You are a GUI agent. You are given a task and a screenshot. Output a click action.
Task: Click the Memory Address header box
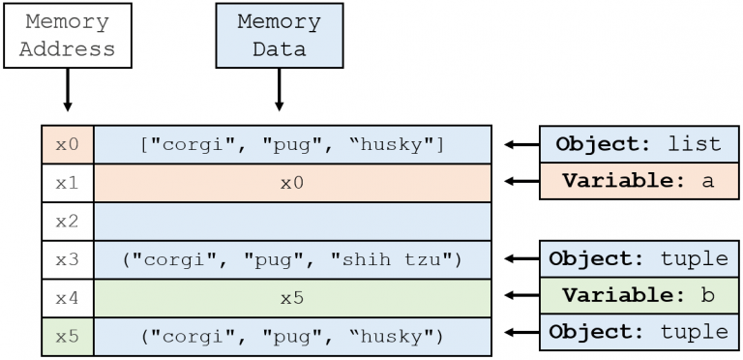(68, 36)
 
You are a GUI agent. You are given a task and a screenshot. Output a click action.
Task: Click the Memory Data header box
(279, 36)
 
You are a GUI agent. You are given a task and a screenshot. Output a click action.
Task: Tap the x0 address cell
(67, 144)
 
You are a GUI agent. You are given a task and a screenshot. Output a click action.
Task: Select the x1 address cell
(67, 182)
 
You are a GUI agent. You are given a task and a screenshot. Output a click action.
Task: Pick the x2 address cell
(67, 221)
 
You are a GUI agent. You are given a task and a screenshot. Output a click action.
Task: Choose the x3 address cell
(67, 259)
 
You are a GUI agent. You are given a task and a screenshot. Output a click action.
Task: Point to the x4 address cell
(67, 298)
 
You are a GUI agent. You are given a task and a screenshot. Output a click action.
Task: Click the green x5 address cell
(67, 336)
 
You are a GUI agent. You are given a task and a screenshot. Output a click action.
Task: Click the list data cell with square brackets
(291, 144)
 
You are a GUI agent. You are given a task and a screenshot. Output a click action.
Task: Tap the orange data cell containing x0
(291, 182)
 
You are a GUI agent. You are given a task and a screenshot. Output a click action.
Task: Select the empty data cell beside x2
(291, 221)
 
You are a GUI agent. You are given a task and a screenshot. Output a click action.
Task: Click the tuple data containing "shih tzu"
(291, 259)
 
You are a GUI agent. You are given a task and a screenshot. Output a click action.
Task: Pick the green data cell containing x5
(291, 298)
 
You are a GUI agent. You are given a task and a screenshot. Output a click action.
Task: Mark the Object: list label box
(638, 144)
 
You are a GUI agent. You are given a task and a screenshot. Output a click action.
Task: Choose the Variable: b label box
(638, 295)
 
